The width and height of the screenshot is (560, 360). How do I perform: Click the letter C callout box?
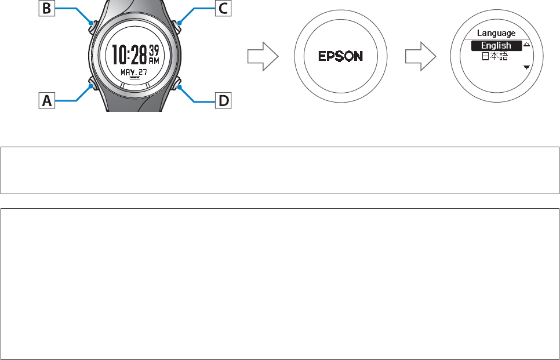[221, 9]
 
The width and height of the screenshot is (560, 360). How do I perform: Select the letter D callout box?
[222, 102]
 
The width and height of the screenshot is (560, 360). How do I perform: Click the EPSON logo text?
[341, 56]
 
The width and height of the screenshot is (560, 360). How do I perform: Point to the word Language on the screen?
[496, 33]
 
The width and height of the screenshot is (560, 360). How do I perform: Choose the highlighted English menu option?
[496, 45]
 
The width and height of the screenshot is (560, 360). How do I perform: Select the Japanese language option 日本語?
[496, 57]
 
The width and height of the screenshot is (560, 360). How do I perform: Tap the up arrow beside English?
[526, 43]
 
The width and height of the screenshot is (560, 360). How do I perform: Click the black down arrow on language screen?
[526, 68]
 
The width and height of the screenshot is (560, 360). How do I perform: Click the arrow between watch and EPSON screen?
[263, 56]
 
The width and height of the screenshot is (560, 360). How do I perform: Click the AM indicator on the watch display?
[153, 59]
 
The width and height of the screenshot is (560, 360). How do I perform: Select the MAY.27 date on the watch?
[134, 71]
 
